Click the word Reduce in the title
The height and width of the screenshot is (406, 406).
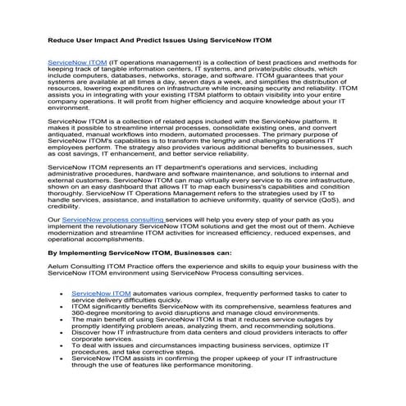(x=63, y=39)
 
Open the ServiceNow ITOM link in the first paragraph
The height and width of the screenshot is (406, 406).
(x=77, y=62)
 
